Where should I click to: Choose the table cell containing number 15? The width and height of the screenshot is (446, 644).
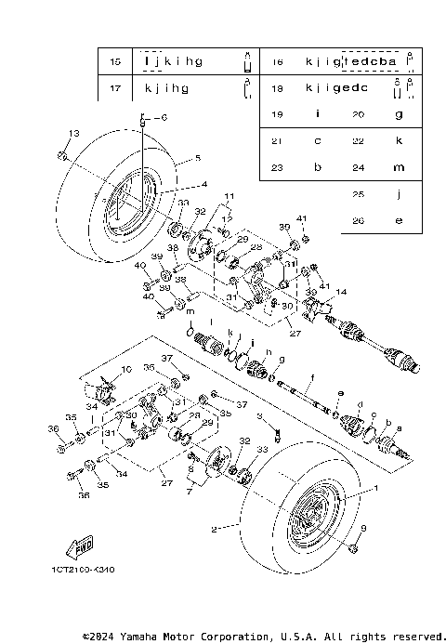coord(115,61)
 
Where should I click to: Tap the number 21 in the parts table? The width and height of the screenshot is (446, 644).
coord(276,141)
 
